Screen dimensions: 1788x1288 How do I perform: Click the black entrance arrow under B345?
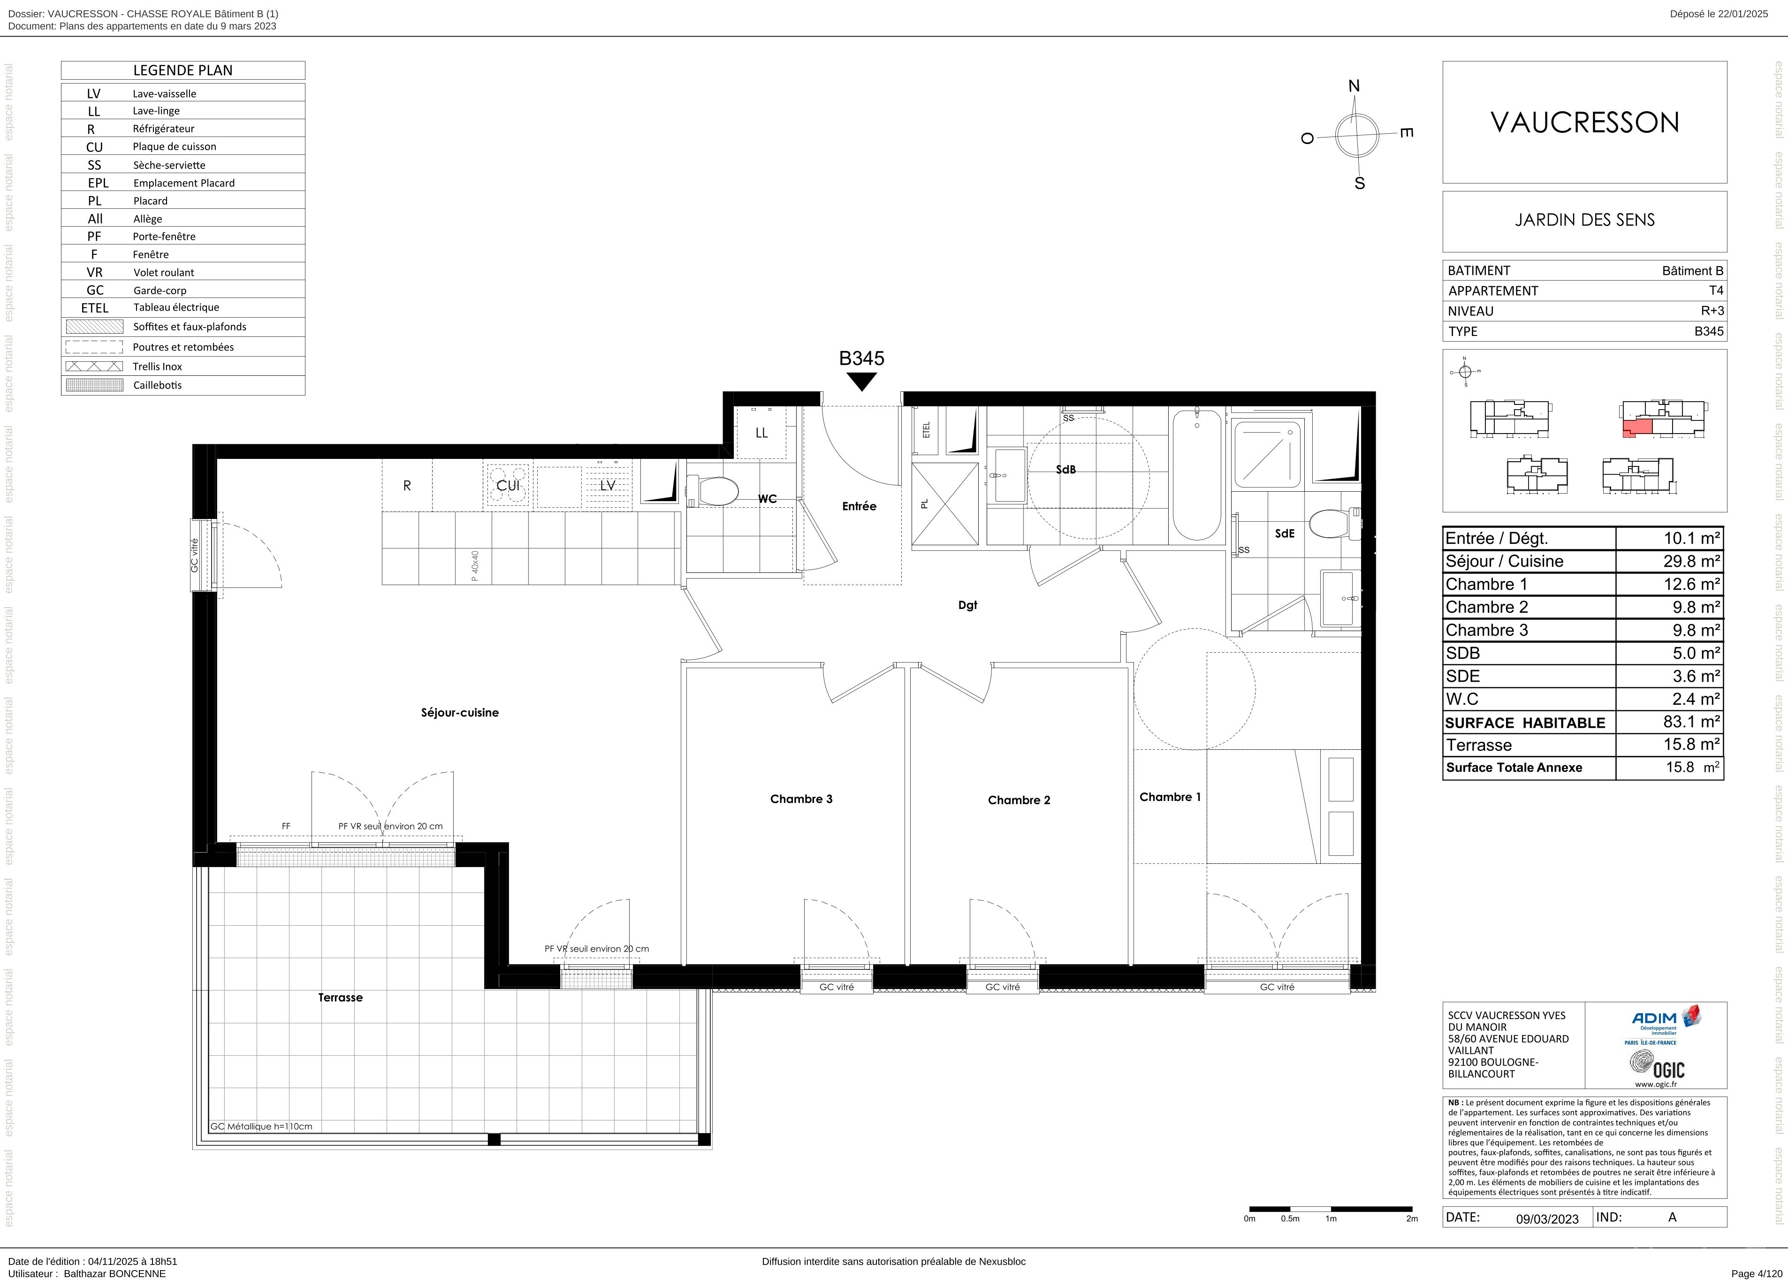862,381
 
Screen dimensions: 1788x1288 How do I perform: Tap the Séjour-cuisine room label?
460,713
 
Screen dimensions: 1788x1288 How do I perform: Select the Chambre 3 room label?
801,799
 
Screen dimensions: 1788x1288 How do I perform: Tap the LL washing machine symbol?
761,433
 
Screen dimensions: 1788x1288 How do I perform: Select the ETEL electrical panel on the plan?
926,430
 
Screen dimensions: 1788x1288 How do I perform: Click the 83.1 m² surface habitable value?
1692,721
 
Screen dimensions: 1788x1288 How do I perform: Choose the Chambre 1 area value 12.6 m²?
1692,584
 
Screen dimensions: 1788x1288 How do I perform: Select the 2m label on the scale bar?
1412,1219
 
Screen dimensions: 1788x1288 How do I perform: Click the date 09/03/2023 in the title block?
1547,1219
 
